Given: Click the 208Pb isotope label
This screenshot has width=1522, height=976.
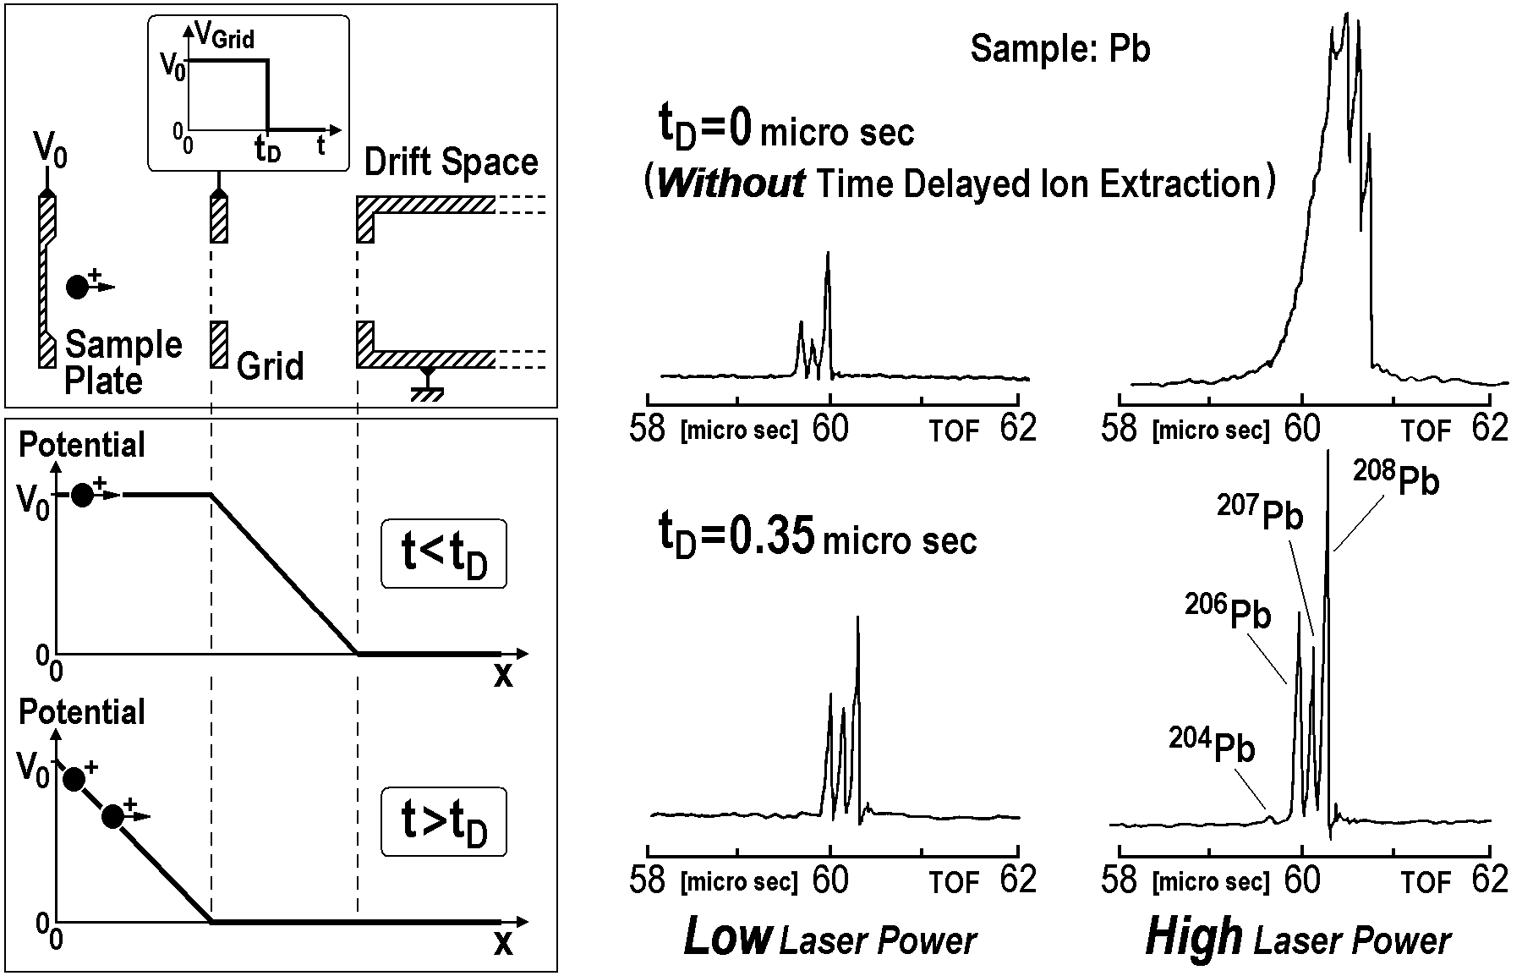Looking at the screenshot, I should tap(1397, 479).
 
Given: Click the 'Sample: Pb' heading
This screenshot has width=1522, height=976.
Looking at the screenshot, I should tap(1059, 49).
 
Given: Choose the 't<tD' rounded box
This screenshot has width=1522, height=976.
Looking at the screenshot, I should tap(444, 555).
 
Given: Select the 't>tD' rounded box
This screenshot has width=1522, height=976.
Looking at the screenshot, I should tap(444, 822).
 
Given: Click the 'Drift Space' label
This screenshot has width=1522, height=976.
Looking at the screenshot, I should tap(451, 162).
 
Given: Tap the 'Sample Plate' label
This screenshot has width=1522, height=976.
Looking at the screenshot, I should tap(123, 362).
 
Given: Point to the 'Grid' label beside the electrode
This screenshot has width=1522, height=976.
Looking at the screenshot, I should tap(270, 366).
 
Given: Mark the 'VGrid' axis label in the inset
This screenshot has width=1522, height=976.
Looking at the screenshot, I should tap(224, 36).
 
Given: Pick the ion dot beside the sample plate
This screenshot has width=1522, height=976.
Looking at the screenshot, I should tap(78, 287).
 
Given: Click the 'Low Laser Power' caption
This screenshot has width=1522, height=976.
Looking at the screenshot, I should tap(829, 939).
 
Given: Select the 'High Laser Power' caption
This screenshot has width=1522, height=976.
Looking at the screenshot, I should tap(1298, 939).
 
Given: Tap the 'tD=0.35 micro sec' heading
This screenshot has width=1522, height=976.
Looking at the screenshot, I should tap(818, 538).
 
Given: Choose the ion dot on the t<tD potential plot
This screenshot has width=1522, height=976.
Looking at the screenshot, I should tap(82, 495).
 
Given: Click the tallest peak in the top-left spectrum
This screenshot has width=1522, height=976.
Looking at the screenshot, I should tap(828, 254).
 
